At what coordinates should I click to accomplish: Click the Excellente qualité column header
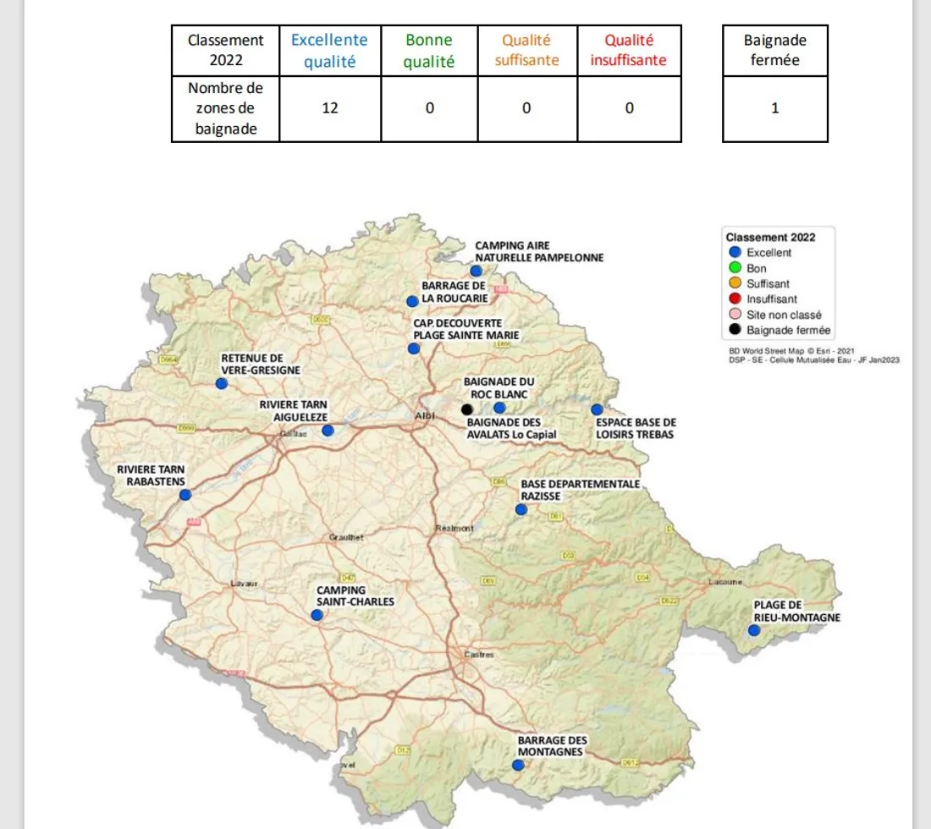pos(329,51)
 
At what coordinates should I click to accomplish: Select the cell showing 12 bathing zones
pos(329,108)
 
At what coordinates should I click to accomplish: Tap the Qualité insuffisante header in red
pos(629,51)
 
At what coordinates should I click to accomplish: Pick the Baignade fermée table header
pos(774,51)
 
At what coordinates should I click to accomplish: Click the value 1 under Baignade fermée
pos(774,108)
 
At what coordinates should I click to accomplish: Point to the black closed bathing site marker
pos(466,409)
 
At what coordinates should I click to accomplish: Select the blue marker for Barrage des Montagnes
pos(517,766)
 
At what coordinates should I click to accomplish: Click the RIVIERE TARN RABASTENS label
pos(150,475)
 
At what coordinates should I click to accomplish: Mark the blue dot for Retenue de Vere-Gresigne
pos(222,383)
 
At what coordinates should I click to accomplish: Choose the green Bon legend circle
pos(735,268)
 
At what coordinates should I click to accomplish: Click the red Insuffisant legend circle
pos(735,299)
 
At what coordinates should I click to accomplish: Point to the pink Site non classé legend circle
pos(735,315)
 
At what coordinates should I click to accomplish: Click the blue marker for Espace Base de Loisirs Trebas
pos(597,409)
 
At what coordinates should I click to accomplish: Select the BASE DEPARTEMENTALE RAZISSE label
pos(580,490)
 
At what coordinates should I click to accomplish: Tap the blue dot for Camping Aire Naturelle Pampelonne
pos(477,271)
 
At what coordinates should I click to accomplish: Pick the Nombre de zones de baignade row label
pos(225,108)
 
